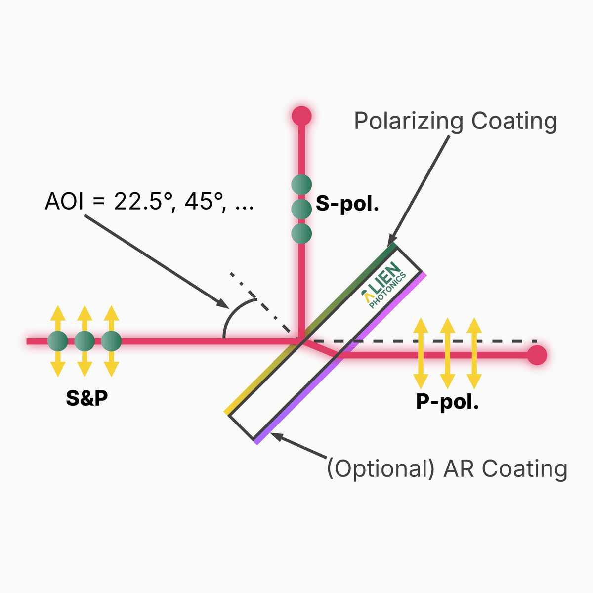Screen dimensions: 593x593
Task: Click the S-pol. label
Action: tap(347, 204)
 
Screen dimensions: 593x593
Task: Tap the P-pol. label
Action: tap(447, 402)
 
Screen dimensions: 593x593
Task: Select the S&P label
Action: tap(87, 398)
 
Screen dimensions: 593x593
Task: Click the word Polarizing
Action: tap(409, 122)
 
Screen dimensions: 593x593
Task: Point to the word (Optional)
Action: tap(381, 468)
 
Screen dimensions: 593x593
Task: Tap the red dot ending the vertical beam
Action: tap(301, 116)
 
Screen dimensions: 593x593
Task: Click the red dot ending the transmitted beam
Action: tap(537, 355)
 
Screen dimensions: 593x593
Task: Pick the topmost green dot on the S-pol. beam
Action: tap(301, 185)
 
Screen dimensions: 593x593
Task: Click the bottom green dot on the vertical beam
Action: tap(301, 233)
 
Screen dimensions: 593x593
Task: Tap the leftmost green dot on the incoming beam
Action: tap(58, 341)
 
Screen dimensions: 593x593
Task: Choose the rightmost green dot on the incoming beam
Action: tap(111, 341)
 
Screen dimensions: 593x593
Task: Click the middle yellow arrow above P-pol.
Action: tap(447, 353)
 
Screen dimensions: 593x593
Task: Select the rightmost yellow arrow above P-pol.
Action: tap(474, 353)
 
